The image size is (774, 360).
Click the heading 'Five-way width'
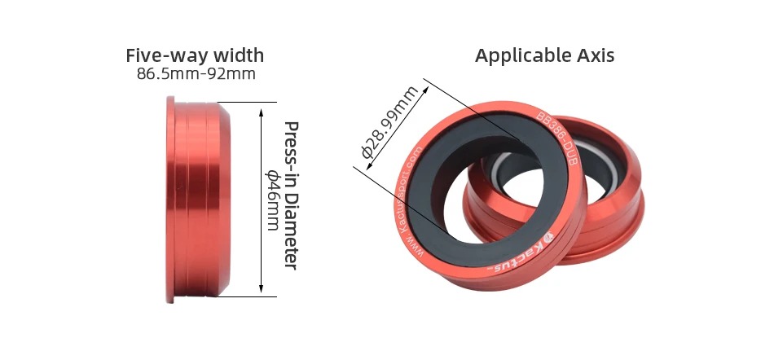click(195, 55)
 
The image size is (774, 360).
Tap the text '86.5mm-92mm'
click(196, 74)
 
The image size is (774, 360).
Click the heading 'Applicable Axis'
click(544, 55)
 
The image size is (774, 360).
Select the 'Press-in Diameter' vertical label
click(291, 195)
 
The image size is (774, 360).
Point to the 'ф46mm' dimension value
click(272, 200)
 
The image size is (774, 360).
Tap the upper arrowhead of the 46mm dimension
click(262, 112)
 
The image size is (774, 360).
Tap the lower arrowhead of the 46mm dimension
click(262, 288)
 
